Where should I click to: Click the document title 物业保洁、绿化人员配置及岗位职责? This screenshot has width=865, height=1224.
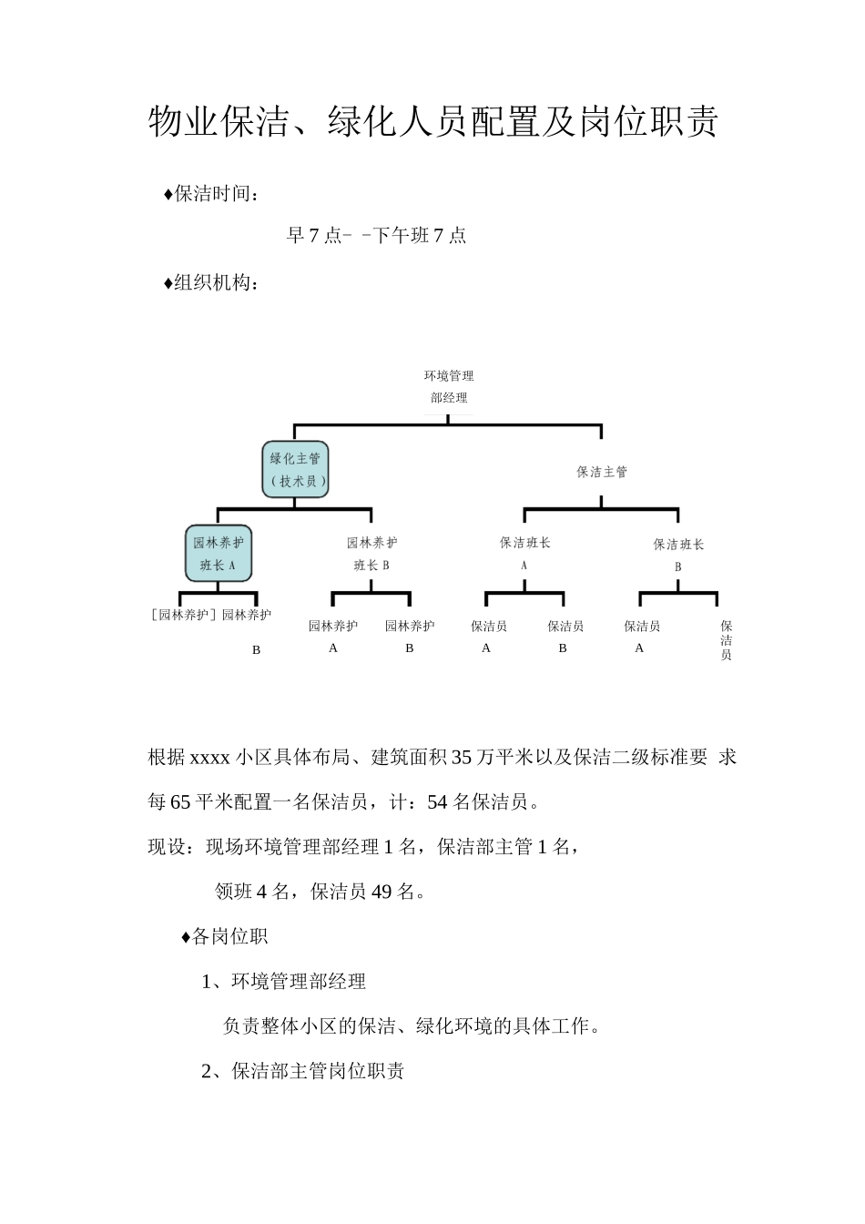(x=432, y=122)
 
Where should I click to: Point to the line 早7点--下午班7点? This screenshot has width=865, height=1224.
(x=376, y=236)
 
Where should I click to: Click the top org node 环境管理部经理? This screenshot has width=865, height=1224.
(x=449, y=387)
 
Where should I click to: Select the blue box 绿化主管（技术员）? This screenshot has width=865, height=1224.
(x=296, y=470)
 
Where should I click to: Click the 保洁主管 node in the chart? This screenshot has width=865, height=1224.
(x=602, y=472)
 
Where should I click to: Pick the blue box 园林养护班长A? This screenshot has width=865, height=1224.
(x=219, y=553)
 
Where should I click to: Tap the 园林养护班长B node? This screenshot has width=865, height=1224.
(x=371, y=553)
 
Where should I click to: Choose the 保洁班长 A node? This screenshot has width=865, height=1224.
(x=525, y=552)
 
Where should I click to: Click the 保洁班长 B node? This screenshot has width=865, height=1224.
(x=678, y=554)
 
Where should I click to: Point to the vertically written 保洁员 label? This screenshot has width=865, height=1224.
(x=727, y=640)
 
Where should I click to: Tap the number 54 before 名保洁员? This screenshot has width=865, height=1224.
(x=437, y=802)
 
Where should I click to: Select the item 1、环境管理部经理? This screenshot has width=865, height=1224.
(x=283, y=982)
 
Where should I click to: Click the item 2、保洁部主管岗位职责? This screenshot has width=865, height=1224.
(x=303, y=1071)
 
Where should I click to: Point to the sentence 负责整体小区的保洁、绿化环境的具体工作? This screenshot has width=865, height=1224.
(x=412, y=1026)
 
